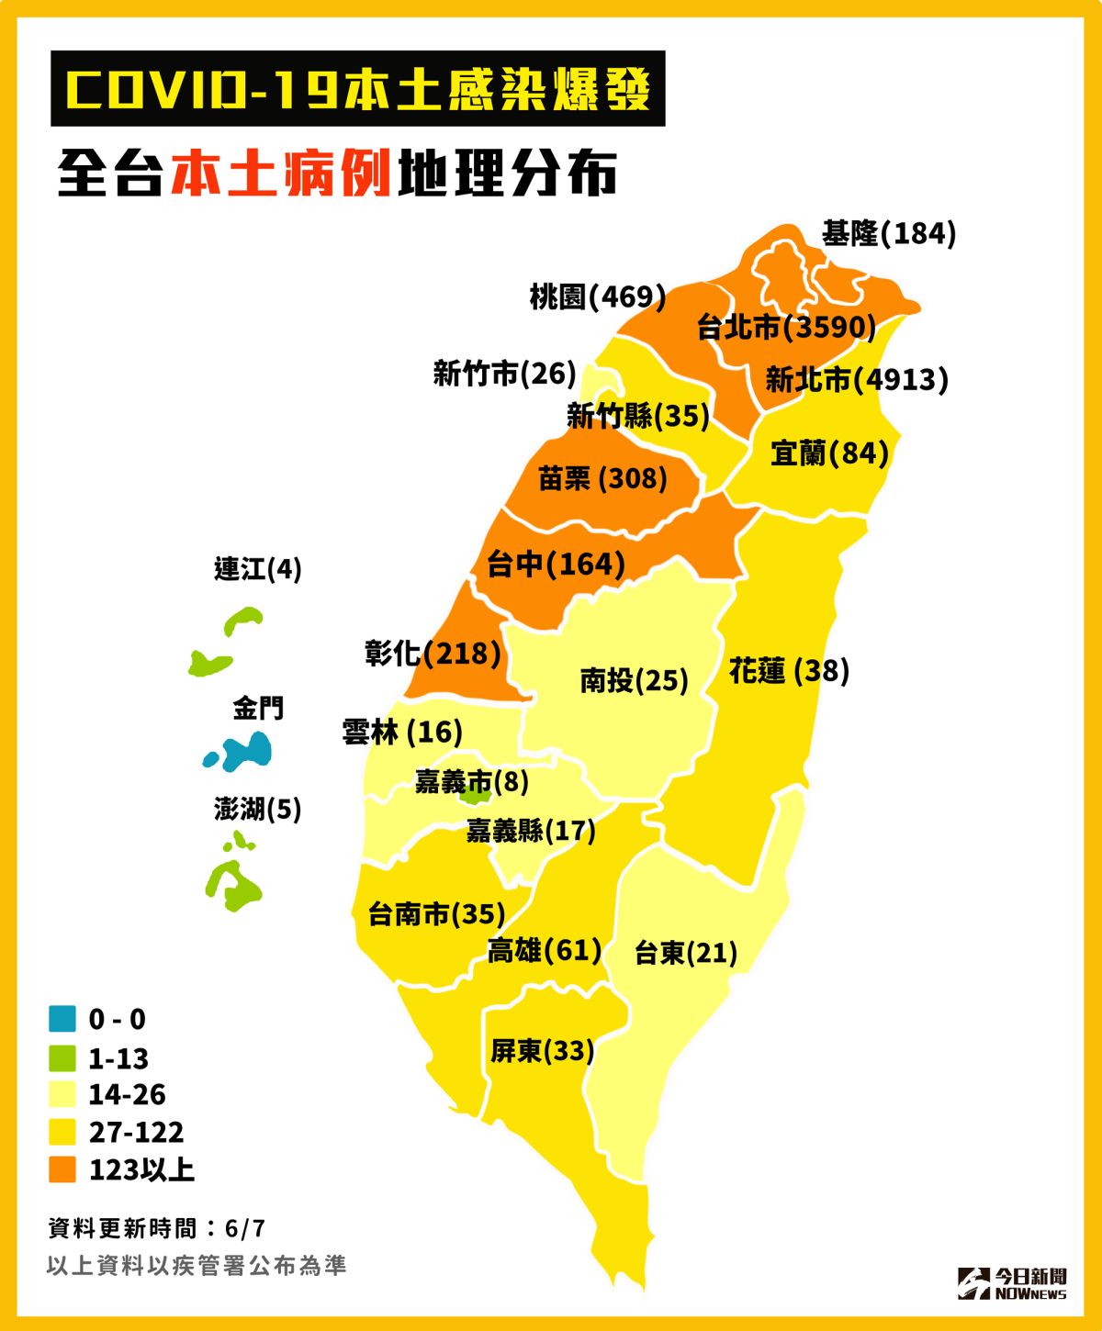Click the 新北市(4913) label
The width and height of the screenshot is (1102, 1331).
pos(856,379)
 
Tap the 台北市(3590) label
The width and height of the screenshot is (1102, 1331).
pos(786,327)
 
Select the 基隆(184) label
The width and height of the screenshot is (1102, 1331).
pos(888,233)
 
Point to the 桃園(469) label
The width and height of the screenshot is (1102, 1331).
pos(597,296)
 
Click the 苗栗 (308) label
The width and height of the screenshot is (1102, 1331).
pos(602,478)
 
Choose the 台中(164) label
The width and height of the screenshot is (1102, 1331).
pos(556,564)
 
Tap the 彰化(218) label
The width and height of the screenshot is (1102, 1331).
pos(433,654)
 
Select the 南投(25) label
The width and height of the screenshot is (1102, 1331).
pos(634,680)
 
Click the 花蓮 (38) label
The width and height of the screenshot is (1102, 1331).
pos(789,671)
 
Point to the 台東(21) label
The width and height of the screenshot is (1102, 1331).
pos(686,953)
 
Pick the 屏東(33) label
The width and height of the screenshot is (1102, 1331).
pos(542,1050)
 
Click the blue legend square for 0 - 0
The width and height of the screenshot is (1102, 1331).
pos(62,1019)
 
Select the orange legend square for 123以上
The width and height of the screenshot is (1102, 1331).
pos(62,1169)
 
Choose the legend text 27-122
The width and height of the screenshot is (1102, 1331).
pos(136,1132)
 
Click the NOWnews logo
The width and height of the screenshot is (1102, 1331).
pos(1012,1283)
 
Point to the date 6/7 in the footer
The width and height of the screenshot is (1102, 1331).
pos(244,1228)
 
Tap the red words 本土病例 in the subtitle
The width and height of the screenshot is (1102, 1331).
pos(281,173)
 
